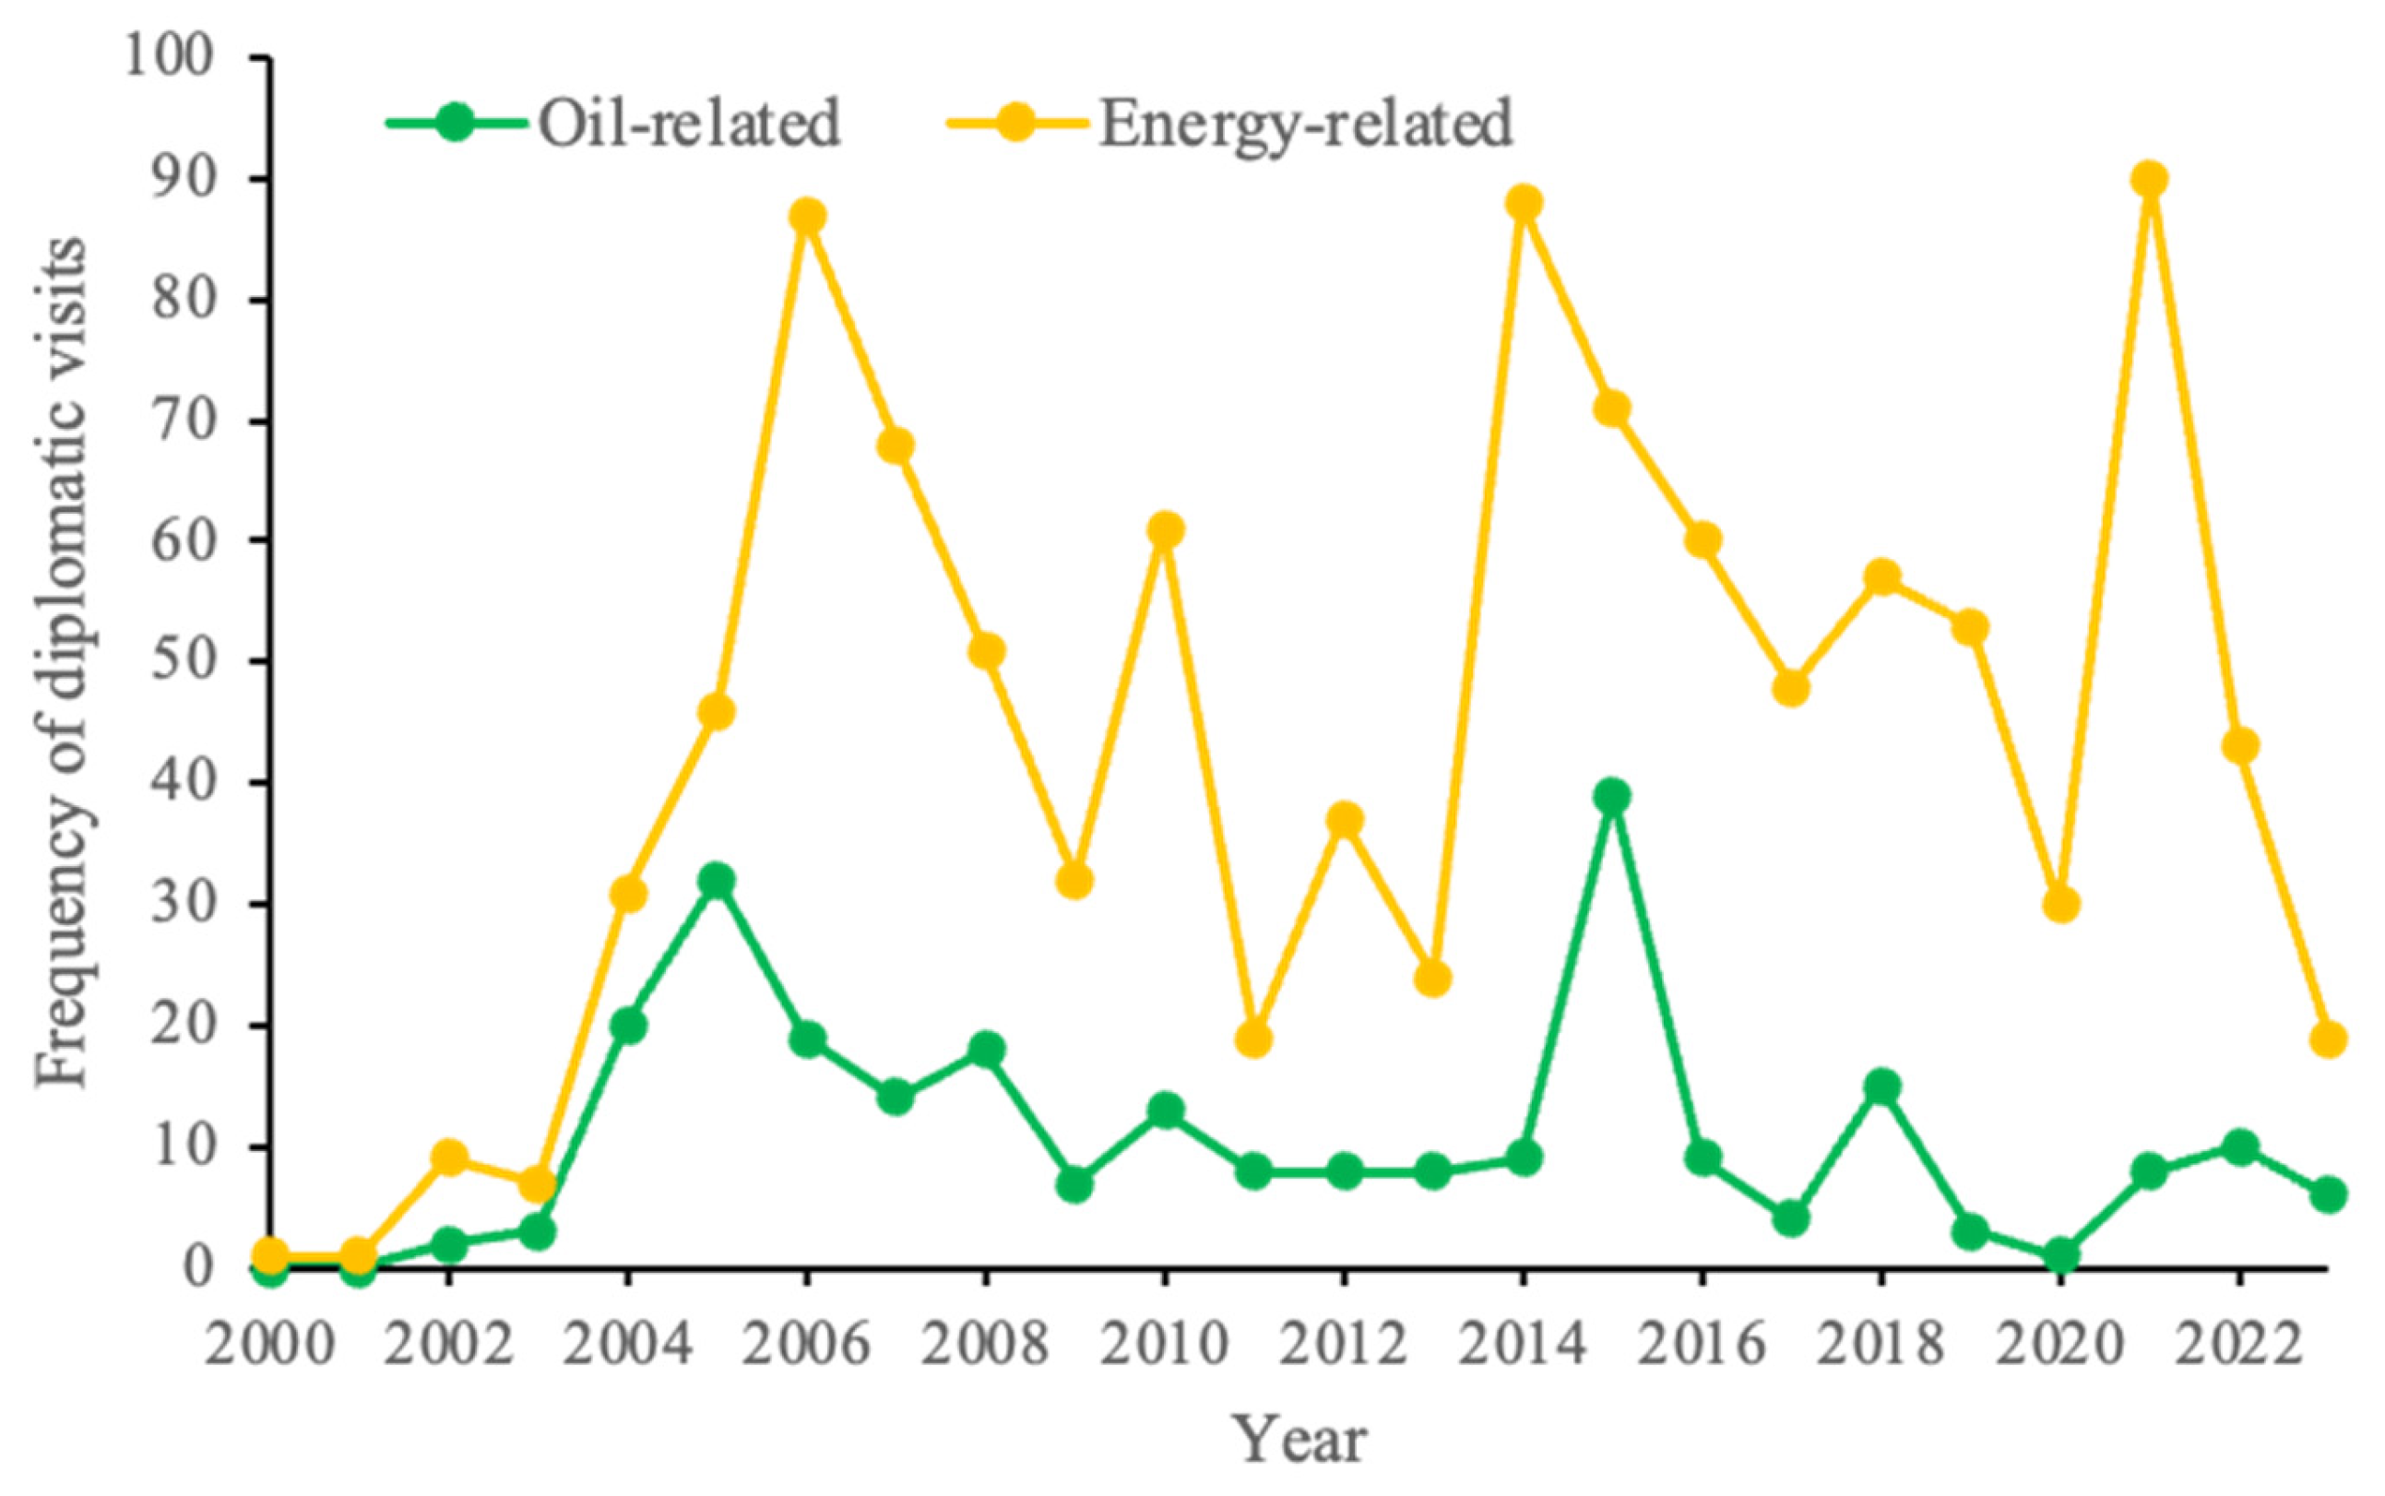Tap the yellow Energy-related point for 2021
pyautogui.click(x=2149, y=180)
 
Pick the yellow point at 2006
pyautogui.click(x=808, y=216)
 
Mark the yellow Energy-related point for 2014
pyautogui.click(x=1524, y=204)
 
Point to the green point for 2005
pyautogui.click(x=718, y=881)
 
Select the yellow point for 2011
pyautogui.click(x=1254, y=1039)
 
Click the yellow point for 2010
pyautogui.click(x=1166, y=530)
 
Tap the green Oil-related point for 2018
pyautogui.click(x=1881, y=1087)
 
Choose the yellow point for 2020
pyautogui.click(x=2060, y=906)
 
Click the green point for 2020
pyautogui.click(x=2060, y=1255)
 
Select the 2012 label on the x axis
pyautogui.click(x=1344, y=1350)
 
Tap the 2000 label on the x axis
pyautogui.click(x=269, y=1350)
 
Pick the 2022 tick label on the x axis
pyautogui.click(x=2237, y=1350)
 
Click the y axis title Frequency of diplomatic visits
pyautogui.click(x=64, y=663)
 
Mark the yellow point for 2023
pyautogui.click(x=2328, y=1039)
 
